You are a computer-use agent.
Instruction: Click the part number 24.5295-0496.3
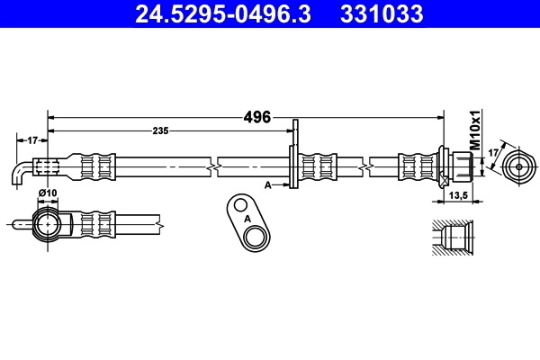pos(229,13)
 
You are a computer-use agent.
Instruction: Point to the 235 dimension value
pos(160,131)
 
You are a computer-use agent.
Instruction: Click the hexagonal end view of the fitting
pos(519,167)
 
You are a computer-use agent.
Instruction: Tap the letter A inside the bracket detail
pos(244,216)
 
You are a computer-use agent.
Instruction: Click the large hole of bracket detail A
pos(256,237)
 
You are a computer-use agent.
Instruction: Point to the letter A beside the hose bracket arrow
pos(268,184)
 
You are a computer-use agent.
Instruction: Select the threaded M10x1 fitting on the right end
pos(460,167)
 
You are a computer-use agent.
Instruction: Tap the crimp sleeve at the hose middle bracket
pos(319,167)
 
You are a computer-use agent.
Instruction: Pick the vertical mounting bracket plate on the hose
pos(292,157)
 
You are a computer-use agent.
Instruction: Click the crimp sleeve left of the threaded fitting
pos(416,167)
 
